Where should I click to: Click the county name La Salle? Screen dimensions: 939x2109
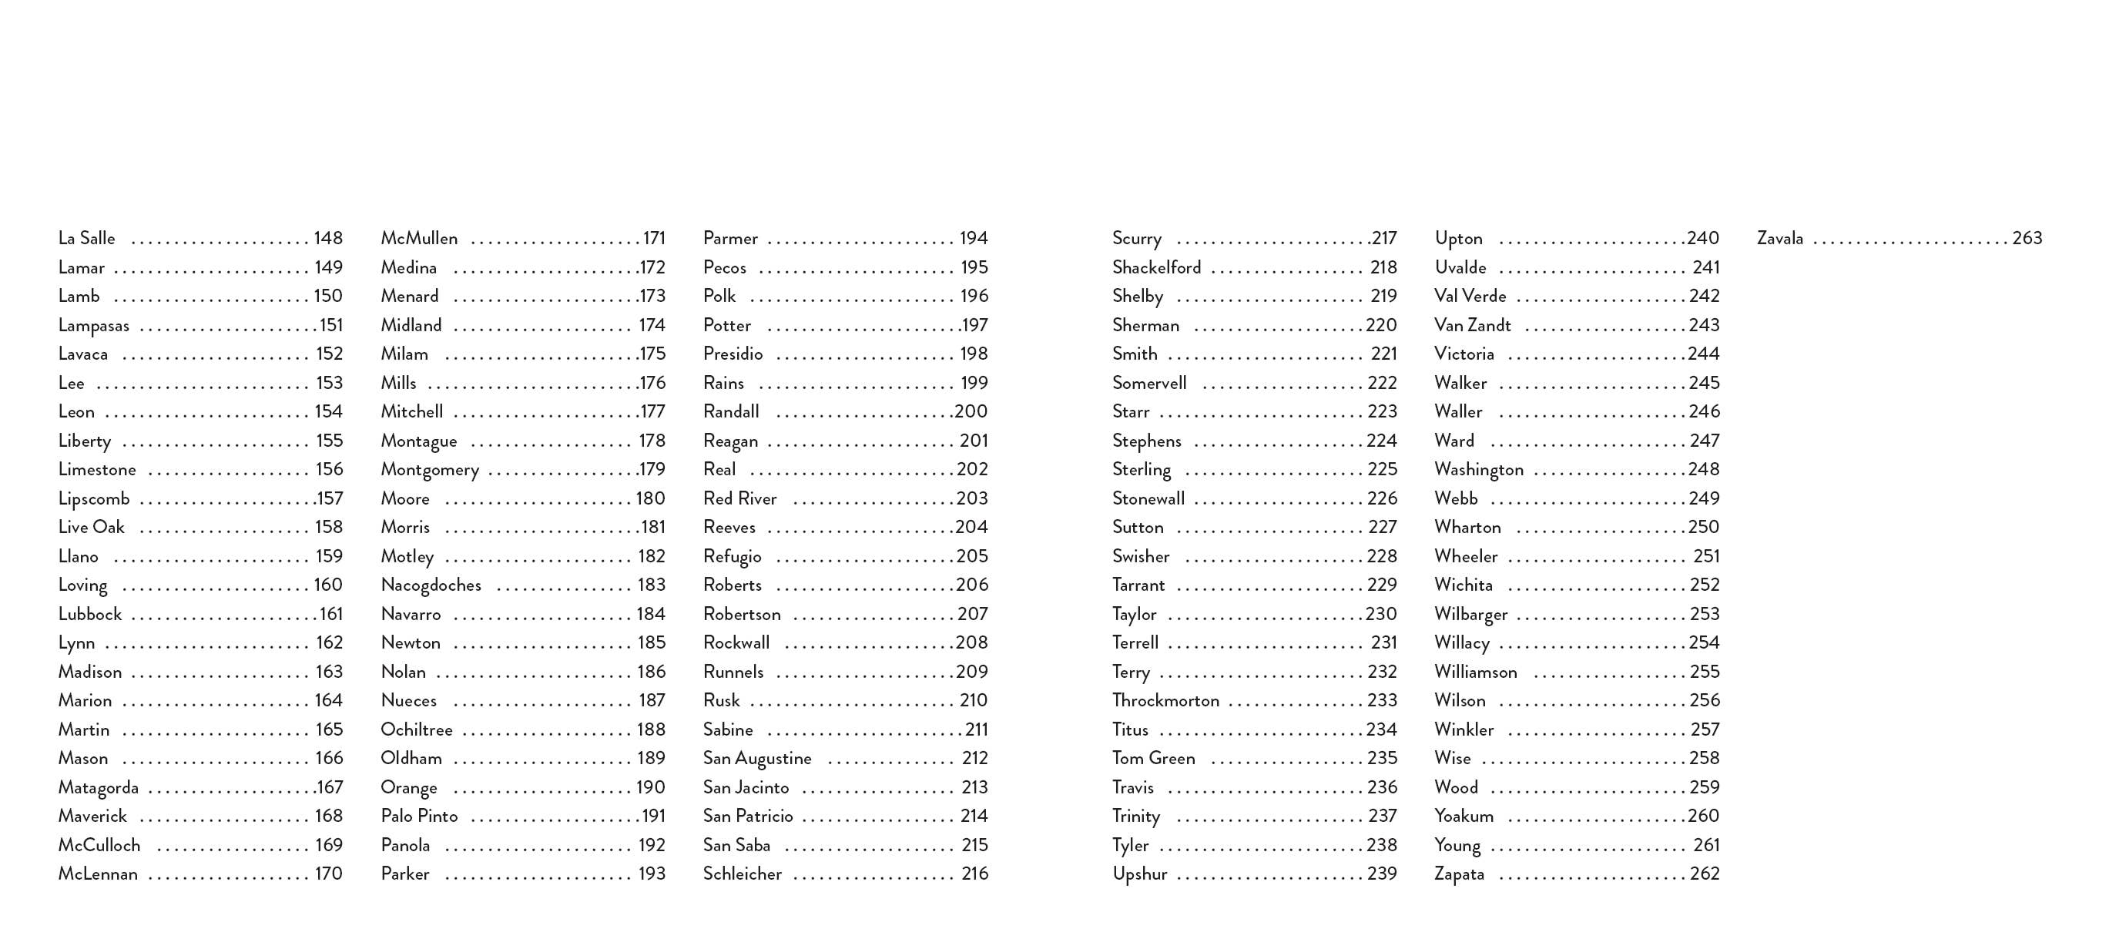(x=86, y=238)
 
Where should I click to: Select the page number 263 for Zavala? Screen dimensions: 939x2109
(x=2027, y=238)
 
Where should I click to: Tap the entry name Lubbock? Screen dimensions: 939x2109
(x=89, y=614)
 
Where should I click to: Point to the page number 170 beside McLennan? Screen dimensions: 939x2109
(x=328, y=874)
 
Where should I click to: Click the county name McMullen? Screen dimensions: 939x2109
(x=418, y=238)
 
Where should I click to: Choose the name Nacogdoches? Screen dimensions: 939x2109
(x=431, y=585)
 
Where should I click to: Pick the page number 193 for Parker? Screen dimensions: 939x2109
(x=652, y=874)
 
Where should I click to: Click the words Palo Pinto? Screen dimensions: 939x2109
(x=418, y=817)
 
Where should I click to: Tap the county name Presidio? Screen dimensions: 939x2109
(x=733, y=354)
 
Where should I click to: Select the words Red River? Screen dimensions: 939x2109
(x=739, y=498)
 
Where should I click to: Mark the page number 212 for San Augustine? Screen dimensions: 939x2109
(x=974, y=758)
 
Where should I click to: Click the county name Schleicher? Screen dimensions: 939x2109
(x=742, y=874)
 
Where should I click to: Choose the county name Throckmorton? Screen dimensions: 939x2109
(x=1165, y=701)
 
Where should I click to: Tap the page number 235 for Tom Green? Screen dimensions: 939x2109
(x=1382, y=758)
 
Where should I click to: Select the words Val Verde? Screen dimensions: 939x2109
(x=1470, y=297)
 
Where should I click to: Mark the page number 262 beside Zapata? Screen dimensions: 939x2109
(x=1705, y=874)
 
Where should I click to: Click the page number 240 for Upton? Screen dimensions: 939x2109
(x=1703, y=238)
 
